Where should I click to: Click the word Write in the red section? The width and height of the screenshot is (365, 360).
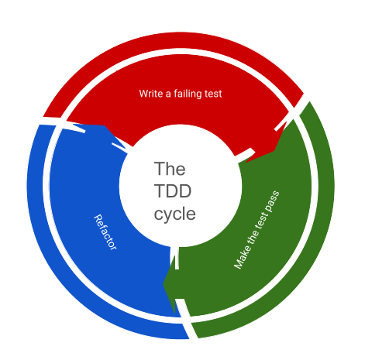coord(151,94)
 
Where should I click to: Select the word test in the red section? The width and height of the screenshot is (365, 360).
coord(212,94)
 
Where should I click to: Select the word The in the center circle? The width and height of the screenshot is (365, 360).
coord(170,169)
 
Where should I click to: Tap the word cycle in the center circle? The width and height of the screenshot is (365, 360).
coord(175,214)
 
